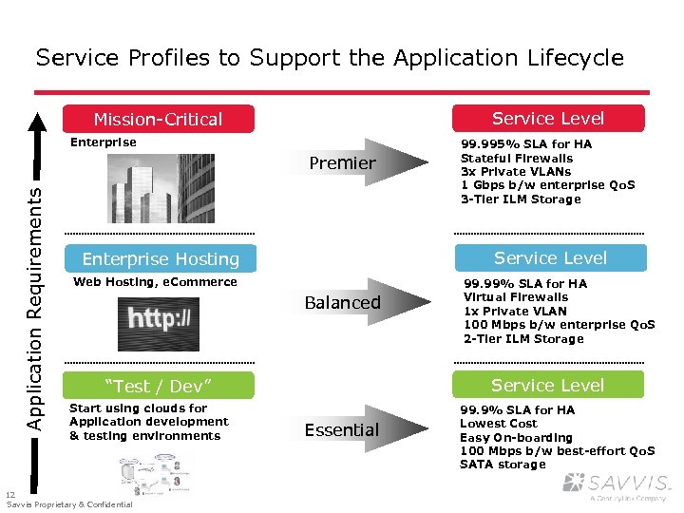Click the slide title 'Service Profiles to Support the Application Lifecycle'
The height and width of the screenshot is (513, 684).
330,58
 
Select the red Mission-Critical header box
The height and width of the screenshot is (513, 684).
159,119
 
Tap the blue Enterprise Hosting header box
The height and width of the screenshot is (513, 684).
160,258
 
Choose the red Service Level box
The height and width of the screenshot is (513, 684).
548,118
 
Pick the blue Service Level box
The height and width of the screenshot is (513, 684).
550,257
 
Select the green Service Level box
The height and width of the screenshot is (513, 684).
548,385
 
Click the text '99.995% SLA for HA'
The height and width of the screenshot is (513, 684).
525,144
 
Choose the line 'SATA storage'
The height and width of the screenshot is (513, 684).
503,465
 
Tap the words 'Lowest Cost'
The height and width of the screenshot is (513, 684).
498,424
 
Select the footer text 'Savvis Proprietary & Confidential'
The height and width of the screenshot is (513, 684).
69,504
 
